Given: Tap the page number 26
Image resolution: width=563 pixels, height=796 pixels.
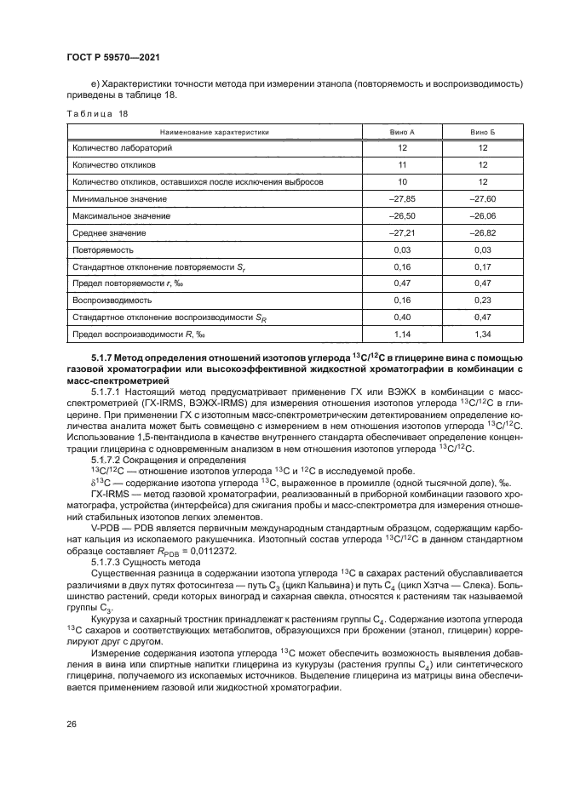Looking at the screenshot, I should tap(72, 725).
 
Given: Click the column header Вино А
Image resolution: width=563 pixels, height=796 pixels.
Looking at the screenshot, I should tap(401, 132).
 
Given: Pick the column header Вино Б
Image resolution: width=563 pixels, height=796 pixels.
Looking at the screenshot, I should tap(482, 132).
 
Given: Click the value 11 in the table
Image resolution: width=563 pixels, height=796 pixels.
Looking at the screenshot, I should tap(401, 165).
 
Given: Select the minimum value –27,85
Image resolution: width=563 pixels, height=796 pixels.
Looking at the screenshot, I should tap(401, 199).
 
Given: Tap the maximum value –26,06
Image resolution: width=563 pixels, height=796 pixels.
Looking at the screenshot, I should tap(482, 216).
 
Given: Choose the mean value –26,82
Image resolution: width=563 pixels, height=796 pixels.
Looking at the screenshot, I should tap(482, 233).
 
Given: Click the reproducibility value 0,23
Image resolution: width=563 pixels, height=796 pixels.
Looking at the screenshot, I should tap(482, 301).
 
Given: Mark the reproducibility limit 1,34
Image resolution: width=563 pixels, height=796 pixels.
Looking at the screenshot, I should tap(482, 335).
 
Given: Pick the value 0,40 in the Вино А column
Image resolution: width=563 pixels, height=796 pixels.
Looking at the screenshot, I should tap(401, 318).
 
